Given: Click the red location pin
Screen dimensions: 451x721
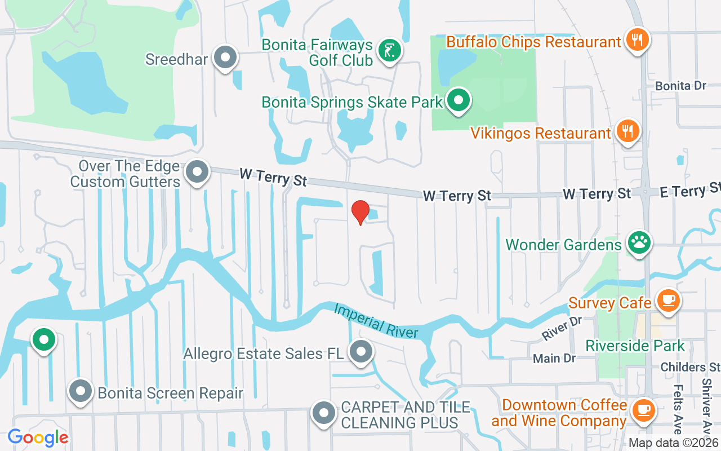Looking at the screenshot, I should pyautogui.click(x=360, y=213).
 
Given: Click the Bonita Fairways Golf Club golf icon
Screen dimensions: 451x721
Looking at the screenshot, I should pyautogui.click(x=389, y=50).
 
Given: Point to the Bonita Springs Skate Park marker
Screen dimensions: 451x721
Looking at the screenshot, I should pyautogui.click(x=459, y=101).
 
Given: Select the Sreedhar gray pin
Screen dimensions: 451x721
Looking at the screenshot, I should pyautogui.click(x=226, y=58).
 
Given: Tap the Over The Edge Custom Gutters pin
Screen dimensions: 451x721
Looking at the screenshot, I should pyautogui.click(x=197, y=171).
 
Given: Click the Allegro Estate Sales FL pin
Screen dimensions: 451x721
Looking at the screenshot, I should pyautogui.click(x=360, y=352).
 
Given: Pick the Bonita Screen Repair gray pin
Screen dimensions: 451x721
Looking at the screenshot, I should pyautogui.click(x=81, y=391).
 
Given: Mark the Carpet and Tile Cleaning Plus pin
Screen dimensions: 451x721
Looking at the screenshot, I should pyautogui.click(x=324, y=413).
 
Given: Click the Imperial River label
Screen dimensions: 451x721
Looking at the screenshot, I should pyautogui.click(x=376, y=320).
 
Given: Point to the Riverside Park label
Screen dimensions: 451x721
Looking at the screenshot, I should pyautogui.click(x=635, y=346).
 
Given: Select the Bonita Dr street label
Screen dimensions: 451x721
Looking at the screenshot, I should pyautogui.click(x=680, y=86).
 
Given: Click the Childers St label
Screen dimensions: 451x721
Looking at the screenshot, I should pyautogui.click(x=690, y=367).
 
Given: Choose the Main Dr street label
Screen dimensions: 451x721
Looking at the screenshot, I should pyautogui.click(x=546, y=358).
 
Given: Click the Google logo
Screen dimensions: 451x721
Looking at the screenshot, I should pyautogui.click(x=38, y=437).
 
